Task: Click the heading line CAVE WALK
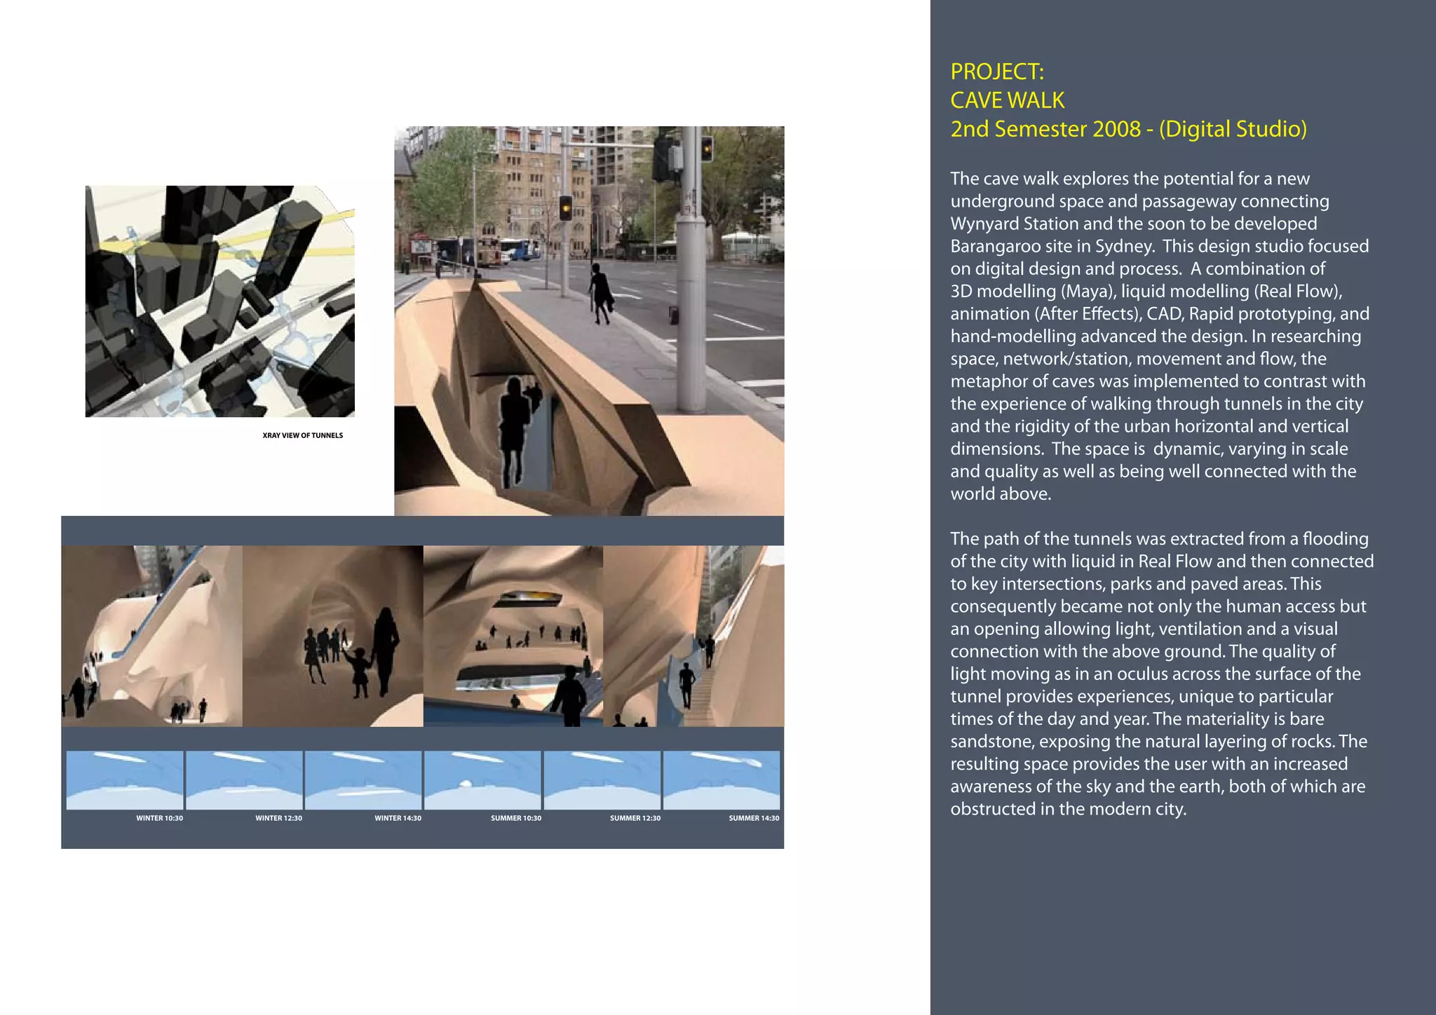pos(1007,100)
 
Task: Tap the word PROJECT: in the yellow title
pos(997,71)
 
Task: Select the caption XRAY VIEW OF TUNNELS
pos(302,435)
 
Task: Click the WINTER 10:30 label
pos(159,818)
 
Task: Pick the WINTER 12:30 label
pos(278,818)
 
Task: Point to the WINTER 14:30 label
pos(398,818)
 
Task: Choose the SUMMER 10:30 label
pos(516,818)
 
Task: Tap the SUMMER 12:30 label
pos(635,818)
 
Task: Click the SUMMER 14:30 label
pos(754,818)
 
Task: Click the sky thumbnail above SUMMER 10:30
pos(482,779)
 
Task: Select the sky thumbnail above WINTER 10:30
pos(125,779)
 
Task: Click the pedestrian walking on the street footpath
pos(600,293)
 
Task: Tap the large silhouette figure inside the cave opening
pos(514,431)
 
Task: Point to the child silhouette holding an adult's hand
pos(359,671)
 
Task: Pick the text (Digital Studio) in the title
pos(1233,129)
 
